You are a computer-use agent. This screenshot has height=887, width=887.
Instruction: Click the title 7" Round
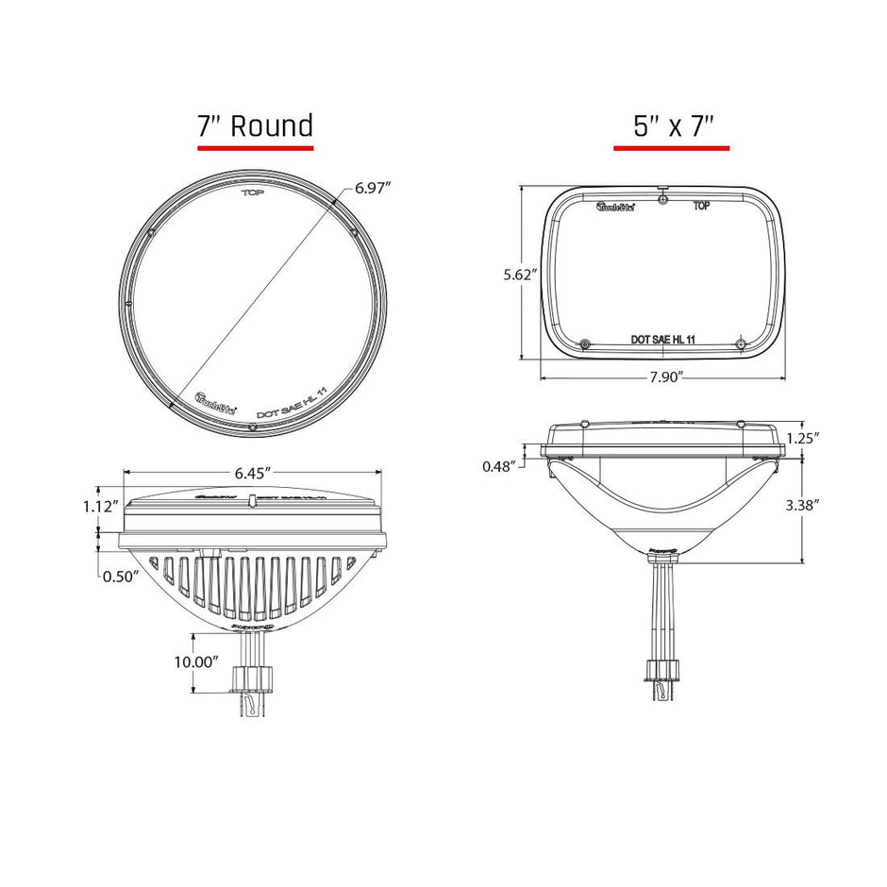255,125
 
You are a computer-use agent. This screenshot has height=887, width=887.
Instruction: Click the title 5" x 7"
671,126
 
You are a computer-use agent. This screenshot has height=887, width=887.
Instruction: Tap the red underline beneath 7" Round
255,148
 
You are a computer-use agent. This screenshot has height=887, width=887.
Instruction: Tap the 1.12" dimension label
99,507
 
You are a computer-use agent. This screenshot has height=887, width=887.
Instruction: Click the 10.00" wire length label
195,662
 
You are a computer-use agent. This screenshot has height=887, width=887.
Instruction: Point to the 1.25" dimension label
802,438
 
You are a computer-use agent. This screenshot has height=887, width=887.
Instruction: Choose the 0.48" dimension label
499,465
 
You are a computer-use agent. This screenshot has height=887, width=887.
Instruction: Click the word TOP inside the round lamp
252,193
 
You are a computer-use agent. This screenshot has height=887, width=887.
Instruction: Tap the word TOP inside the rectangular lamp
701,204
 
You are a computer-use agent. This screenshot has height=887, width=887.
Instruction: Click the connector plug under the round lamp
253,678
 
